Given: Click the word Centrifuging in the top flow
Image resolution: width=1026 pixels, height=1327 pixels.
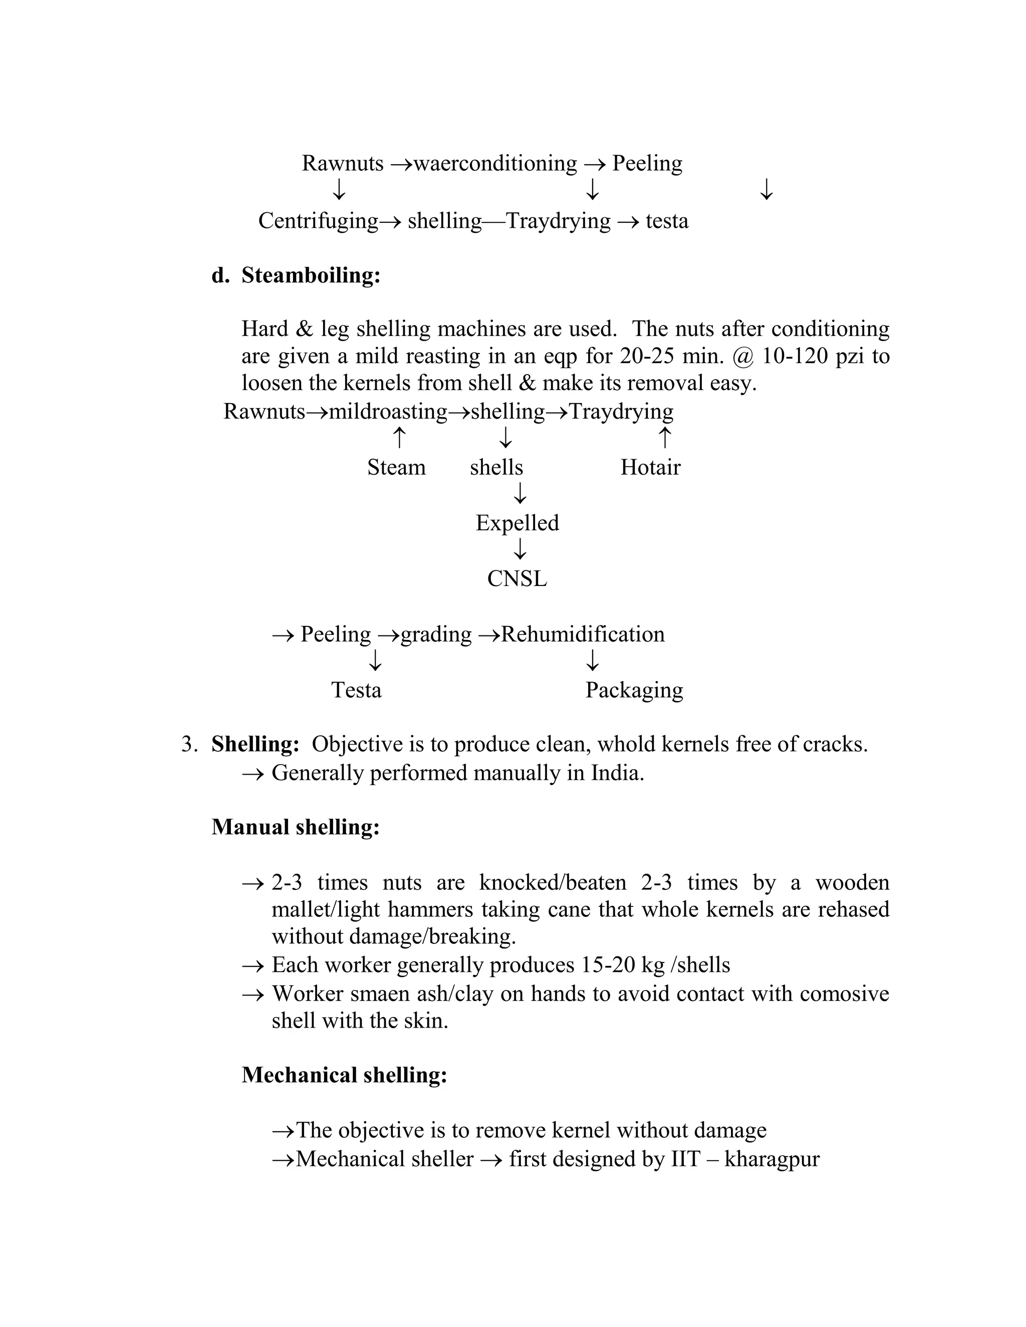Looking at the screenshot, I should click(318, 220).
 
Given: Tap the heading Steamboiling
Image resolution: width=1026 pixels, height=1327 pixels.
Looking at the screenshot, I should click(311, 275).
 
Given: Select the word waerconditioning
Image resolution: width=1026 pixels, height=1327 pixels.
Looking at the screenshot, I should click(495, 163).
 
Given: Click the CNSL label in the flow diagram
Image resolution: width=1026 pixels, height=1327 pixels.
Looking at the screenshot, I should click(517, 578).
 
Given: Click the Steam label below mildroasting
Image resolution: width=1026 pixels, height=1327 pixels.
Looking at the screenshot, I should click(396, 467).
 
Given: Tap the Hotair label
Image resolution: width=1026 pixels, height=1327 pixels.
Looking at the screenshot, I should click(650, 467).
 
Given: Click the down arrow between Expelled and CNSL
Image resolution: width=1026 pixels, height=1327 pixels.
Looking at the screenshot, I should click(520, 550).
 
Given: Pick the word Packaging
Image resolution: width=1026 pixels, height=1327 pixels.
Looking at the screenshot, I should click(633, 690).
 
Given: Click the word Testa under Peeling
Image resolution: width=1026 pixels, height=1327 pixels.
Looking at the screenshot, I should click(356, 690).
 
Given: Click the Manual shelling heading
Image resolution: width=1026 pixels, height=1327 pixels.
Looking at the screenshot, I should click(296, 827).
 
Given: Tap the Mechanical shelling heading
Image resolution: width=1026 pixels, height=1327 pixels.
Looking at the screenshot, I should click(344, 1075).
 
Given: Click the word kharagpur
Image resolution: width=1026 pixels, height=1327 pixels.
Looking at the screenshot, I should click(772, 1159).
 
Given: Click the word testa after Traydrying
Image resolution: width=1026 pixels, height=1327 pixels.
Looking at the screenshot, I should click(667, 220).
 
